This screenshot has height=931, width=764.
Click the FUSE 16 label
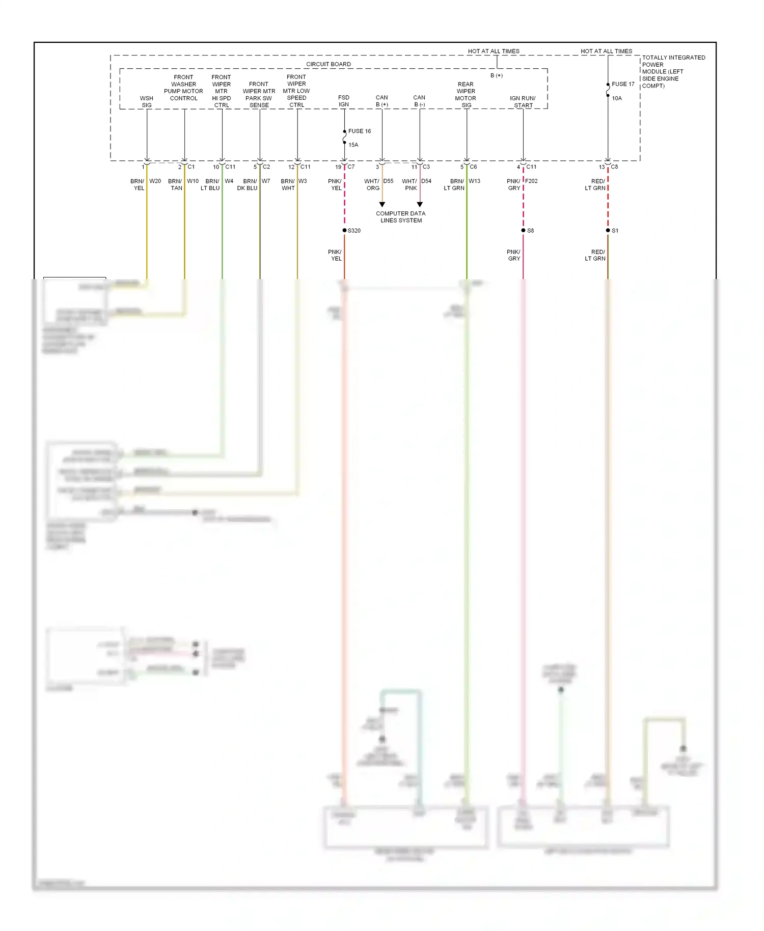[x=359, y=131]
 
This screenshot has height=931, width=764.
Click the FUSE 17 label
[x=623, y=84]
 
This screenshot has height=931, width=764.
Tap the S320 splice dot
[x=345, y=231]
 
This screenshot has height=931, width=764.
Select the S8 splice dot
[x=523, y=231]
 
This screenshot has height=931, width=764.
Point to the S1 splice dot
[x=608, y=231]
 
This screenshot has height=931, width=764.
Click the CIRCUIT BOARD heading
[x=329, y=64]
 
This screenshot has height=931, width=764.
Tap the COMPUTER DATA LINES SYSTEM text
[x=401, y=217]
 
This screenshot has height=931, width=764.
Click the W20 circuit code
[x=155, y=181]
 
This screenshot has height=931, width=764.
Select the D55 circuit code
[x=388, y=181]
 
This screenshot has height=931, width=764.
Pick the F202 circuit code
[x=531, y=181]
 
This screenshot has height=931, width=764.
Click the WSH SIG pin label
[x=147, y=102]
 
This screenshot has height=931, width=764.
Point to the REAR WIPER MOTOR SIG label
[x=466, y=95]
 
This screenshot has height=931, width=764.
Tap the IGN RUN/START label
[x=523, y=102]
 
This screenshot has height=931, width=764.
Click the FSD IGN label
[x=344, y=101]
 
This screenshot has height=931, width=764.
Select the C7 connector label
[x=351, y=167]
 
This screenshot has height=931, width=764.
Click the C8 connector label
[x=614, y=167]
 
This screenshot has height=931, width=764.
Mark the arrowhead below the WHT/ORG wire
[x=382, y=204]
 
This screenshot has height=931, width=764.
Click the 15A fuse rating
[x=353, y=145]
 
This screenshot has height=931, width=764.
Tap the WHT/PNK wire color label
[x=410, y=184]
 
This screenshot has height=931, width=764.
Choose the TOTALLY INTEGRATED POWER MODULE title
[x=673, y=71]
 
